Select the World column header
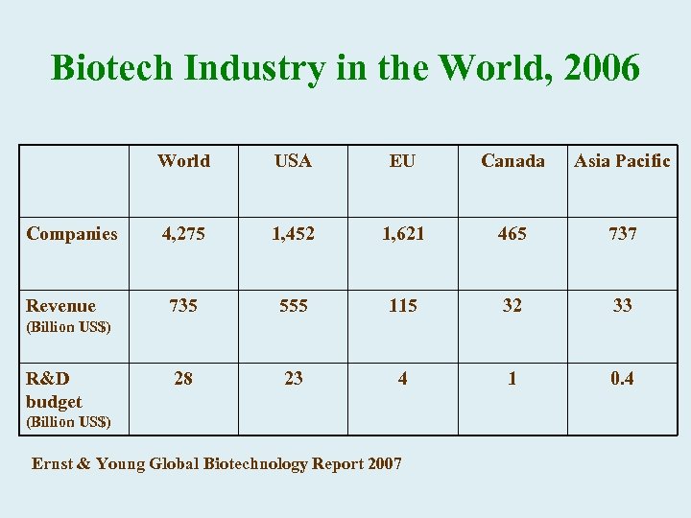click(183, 161)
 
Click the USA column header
click(293, 161)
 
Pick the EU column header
click(402, 161)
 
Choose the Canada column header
click(512, 161)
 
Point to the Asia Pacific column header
click(622, 161)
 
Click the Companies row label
click(72, 233)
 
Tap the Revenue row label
click(60, 306)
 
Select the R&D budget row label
click(54, 389)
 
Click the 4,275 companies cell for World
click(183, 233)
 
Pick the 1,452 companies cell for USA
click(293, 233)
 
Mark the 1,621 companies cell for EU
click(402, 233)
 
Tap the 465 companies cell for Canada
click(512, 233)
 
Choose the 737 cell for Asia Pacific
click(622, 233)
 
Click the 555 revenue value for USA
click(293, 306)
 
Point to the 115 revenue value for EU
click(402, 306)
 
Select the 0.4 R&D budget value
click(622, 379)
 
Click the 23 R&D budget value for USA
click(293, 379)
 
